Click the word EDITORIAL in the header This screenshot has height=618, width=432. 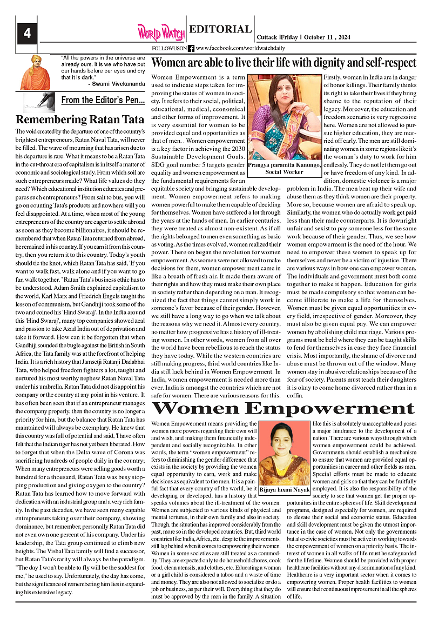tap(220, 30)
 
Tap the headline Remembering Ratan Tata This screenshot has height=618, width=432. tap(80, 119)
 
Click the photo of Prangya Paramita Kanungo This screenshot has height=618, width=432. tap(285, 117)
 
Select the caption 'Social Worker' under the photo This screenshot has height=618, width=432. tap(285, 172)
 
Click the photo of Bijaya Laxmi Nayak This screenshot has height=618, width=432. tap(284, 454)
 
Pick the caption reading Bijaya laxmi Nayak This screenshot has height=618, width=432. tap(284, 490)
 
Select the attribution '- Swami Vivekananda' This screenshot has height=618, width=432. tap(116, 84)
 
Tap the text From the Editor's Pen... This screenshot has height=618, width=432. tap(103, 100)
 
